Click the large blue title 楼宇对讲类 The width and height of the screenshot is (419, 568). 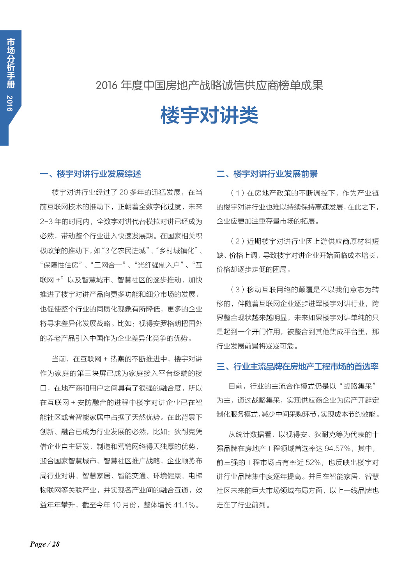[x=209, y=115]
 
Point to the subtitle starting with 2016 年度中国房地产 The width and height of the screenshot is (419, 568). [x=209, y=85]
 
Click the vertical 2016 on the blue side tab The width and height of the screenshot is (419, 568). [x=10, y=103]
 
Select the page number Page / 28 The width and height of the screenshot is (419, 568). [x=45, y=544]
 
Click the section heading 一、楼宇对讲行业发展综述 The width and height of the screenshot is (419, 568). [x=90, y=174]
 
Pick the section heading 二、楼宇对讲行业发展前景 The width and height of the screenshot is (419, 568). [x=267, y=174]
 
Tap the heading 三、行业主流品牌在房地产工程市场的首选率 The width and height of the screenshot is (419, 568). [x=297, y=367]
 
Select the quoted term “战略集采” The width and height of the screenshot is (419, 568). [x=358, y=386]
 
